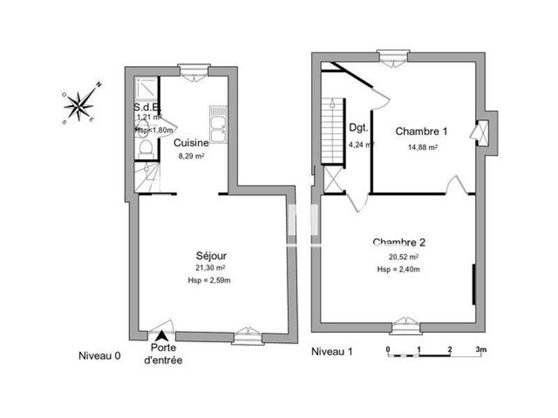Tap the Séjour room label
pyautogui.click(x=211, y=256)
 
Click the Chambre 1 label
pyautogui.click(x=421, y=131)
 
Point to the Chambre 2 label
pyautogui.click(x=399, y=242)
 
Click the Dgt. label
pyautogui.click(x=358, y=129)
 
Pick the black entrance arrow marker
pyautogui.click(x=163, y=337)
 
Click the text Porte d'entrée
pyautogui.click(x=163, y=354)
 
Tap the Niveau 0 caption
pyautogui.click(x=99, y=355)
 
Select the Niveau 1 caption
pyautogui.click(x=331, y=352)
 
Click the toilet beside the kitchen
pyautogui.click(x=143, y=146)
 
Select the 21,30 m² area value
pyautogui.click(x=210, y=268)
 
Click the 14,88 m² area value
pyautogui.click(x=423, y=147)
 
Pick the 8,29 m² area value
pyautogui.click(x=190, y=157)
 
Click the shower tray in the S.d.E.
pyautogui.click(x=146, y=91)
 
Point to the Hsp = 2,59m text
pyautogui.click(x=210, y=280)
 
